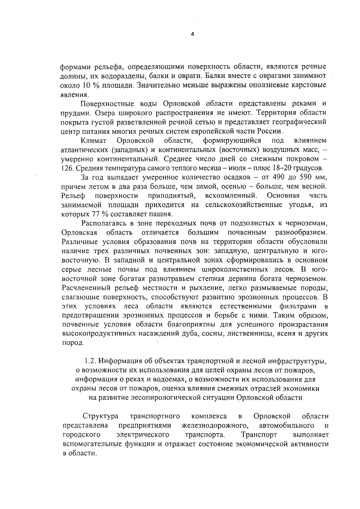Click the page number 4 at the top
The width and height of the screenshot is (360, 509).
[193, 34]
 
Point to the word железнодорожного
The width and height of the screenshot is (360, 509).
[216, 425]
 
